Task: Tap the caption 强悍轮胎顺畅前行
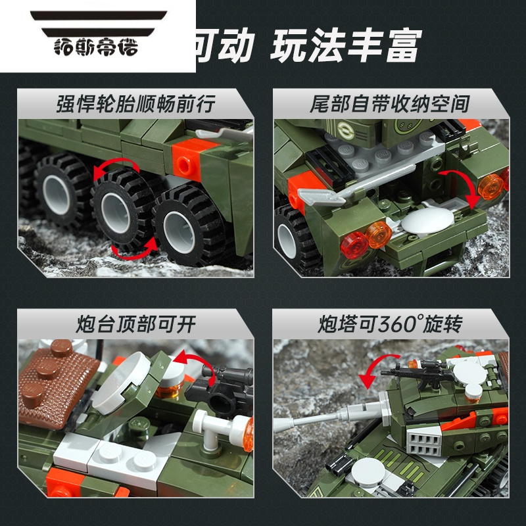[136, 103]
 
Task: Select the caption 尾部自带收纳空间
[390, 103]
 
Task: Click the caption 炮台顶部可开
[136, 323]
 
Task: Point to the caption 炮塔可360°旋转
[390, 323]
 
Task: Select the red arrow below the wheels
[135, 249]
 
